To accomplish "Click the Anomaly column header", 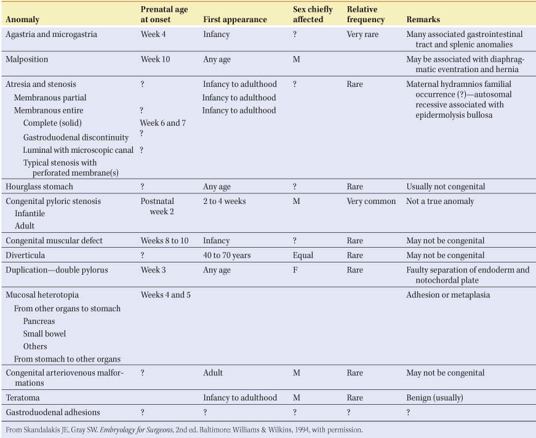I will [22, 20].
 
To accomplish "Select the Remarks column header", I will [423, 20].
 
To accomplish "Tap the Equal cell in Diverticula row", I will [303, 255].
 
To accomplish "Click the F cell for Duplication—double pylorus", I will [295, 270].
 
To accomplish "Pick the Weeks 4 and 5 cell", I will [166, 295].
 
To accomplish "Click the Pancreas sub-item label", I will [39, 321].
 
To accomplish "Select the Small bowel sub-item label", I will [44, 334].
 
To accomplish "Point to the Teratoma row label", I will [23, 398].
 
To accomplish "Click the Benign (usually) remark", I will [434, 398].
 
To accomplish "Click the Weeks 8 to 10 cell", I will [164, 241].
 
